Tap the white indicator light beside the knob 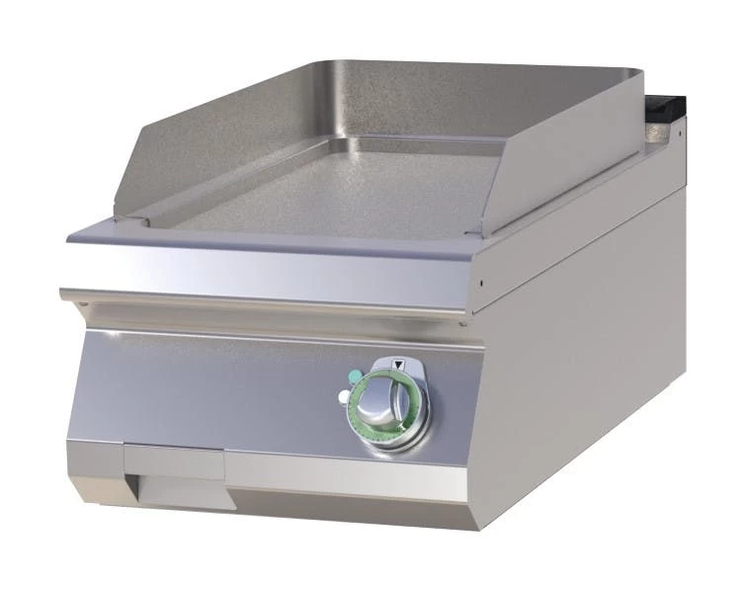[343, 396]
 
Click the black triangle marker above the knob [398, 364]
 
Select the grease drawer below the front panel [173, 462]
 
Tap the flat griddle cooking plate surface [326, 193]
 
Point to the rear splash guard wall [415, 99]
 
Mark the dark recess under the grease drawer [183, 492]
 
